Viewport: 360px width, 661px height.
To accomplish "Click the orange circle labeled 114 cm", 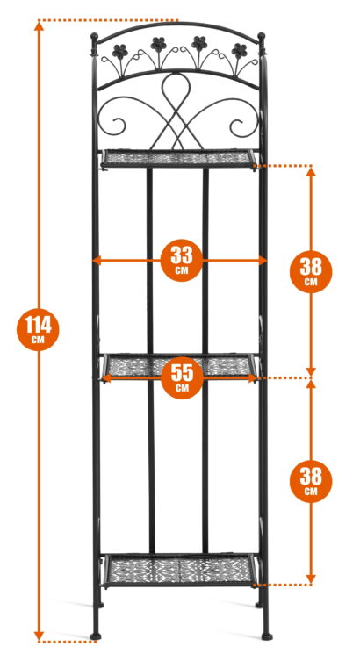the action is (x=38, y=329).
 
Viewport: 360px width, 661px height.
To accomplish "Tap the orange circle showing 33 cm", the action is (x=182, y=260).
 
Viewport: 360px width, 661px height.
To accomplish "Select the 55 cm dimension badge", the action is (x=182, y=377).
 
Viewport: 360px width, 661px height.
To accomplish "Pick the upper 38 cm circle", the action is (x=311, y=272).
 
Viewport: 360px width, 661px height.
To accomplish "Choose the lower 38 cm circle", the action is (x=311, y=481).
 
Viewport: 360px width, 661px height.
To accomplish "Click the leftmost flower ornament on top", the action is (x=120, y=52).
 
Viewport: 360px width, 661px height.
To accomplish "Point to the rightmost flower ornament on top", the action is (x=239, y=51).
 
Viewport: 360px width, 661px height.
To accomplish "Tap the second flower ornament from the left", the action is (x=159, y=44).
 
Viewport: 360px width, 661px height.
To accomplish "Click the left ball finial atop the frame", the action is (x=95, y=37).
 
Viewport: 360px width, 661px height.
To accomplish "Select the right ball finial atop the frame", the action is (x=262, y=36).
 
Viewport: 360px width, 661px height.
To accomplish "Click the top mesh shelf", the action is (x=178, y=159).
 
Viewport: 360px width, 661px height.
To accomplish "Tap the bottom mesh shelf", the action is (x=180, y=570).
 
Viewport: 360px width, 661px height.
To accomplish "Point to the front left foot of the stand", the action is (x=96, y=636).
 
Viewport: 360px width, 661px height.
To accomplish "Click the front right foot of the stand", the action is (x=267, y=636).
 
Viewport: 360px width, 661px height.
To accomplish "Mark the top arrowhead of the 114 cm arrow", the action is (x=39, y=26).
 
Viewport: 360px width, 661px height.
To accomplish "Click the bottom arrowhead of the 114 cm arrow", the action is (x=39, y=636).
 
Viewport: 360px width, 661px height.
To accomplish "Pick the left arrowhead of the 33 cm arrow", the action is (x=97, y=261).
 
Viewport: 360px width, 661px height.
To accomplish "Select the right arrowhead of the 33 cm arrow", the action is (x=263, y=261).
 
